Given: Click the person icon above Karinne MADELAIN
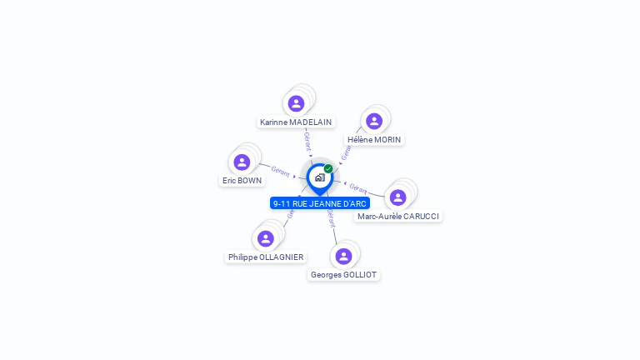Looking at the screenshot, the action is (296, 104).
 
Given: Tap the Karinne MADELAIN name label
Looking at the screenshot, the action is (296, 122).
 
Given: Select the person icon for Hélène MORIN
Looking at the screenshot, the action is (374, 122).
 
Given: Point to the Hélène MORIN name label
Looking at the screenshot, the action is (374, 139).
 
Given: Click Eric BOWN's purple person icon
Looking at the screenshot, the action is (242, 162).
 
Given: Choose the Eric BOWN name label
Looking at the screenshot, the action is (242, 180).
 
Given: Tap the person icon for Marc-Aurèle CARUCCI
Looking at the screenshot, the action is (398, 197).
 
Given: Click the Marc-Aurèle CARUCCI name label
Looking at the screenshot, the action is (398, 216).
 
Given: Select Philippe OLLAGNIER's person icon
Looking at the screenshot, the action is (266, 239).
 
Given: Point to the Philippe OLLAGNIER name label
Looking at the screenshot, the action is (266, 257).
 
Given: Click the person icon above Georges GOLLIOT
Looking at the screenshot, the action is (343, 256).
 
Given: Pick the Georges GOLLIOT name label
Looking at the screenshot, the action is (343, 274).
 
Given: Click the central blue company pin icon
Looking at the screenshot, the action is (319, 177).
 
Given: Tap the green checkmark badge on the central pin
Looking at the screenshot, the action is (328, 168).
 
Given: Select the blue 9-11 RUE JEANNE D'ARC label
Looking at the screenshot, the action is (319, 203).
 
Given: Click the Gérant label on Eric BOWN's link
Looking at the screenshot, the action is (281, 172).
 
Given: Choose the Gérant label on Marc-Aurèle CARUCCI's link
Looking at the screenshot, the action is (358, 187).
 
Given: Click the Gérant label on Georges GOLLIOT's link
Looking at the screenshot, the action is (331, 218).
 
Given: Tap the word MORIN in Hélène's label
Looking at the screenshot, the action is (387, 139).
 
